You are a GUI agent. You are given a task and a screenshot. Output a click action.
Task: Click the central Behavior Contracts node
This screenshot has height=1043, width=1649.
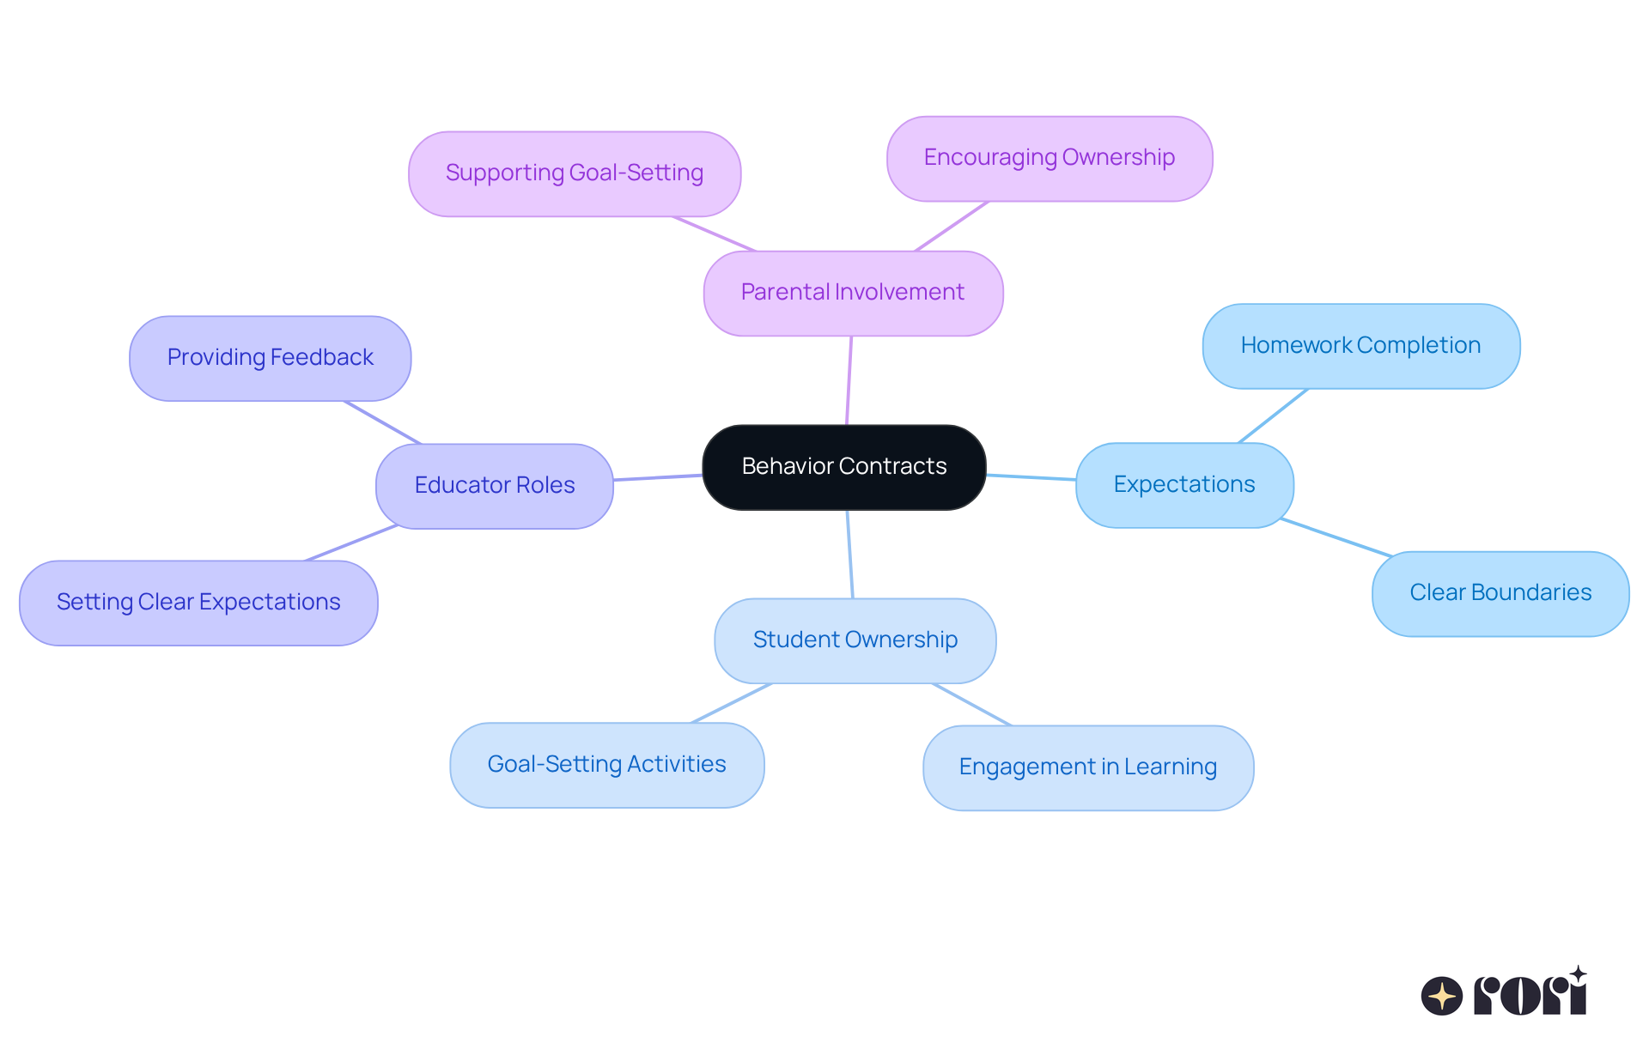coord(843,467)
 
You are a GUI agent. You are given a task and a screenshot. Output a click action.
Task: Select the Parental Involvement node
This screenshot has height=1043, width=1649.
coord(853,293)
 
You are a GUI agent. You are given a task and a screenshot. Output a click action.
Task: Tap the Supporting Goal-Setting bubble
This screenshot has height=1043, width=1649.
coord(575,173)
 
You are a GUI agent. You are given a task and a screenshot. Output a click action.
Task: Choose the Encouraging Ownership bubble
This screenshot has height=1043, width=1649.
coord(1049,158)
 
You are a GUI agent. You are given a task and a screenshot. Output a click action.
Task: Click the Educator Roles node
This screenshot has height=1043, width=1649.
coord(494,485)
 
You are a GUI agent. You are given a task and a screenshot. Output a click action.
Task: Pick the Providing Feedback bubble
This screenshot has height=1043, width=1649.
coord(270,358)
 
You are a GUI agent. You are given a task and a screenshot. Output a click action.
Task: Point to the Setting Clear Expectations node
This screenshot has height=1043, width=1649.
coord(198,603)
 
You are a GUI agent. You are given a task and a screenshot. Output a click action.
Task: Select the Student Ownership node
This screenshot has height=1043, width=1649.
coord(855,640)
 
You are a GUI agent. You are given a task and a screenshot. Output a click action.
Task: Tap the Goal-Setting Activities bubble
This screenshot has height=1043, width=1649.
coord(606,764)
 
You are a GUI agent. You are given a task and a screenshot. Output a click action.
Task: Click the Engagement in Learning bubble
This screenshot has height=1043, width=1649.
coord(1087,767)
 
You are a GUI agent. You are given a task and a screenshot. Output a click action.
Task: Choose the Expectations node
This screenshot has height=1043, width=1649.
coord(1184,485)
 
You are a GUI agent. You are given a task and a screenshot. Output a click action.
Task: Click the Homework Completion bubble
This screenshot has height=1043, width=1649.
coord(1360,346)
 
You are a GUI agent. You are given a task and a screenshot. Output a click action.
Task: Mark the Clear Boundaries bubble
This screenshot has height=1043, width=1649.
coord(1500,593)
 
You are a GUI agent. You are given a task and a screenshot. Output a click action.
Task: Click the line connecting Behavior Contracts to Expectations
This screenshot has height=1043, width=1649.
coord(1031,477)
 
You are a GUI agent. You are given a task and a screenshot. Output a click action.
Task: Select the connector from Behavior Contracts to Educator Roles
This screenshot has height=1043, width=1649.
coord(658,477)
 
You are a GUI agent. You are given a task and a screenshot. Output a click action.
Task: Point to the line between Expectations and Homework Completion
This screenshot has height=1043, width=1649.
coord(1273,416)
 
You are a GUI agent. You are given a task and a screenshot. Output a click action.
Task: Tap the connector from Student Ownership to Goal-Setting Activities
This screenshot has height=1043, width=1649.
coord(732,703)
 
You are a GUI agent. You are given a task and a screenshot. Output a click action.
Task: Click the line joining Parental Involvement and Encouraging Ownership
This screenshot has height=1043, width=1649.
coord(952,227)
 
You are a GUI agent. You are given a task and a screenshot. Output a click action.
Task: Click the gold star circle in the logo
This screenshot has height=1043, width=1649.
coord(1441,996)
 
